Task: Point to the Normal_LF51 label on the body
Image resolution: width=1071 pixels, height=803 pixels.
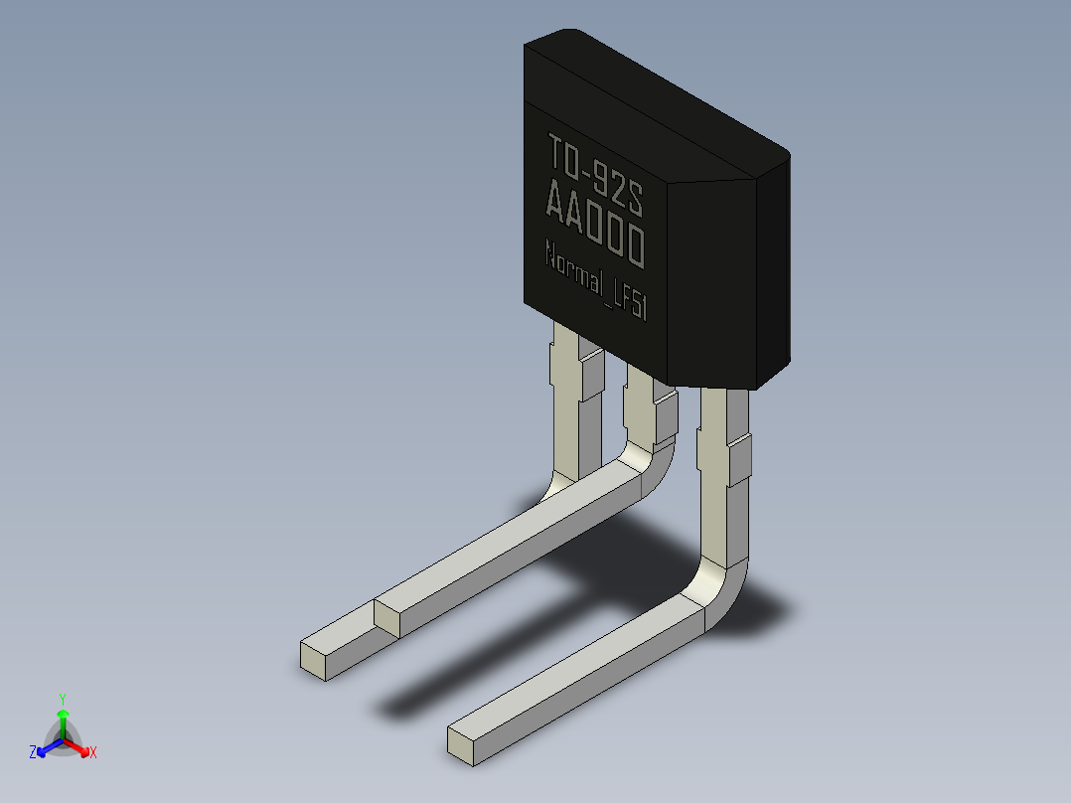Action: pos(596,280)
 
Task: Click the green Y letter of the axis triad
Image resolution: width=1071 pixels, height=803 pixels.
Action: pos(63,699)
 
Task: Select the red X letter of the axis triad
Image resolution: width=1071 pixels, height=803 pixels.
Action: pos(93,752)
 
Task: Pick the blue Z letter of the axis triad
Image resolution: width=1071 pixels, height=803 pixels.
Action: pos(33,752)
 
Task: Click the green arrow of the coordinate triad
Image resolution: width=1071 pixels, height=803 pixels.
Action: pos(63,723)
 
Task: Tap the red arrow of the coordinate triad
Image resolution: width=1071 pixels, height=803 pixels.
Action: pos(76,747)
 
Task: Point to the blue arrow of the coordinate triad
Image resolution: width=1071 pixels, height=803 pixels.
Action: pos(50,747)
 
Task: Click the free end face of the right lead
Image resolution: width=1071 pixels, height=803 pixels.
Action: pos(460,746)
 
